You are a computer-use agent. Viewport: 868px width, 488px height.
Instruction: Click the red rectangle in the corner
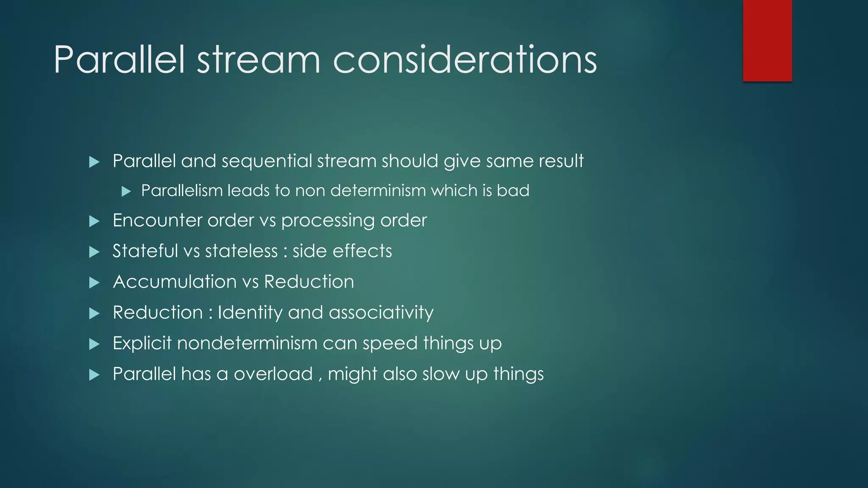pyautogui.click(x=767, y=40)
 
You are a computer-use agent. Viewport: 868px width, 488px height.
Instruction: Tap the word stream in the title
pyautogui.click(x=258, y=60)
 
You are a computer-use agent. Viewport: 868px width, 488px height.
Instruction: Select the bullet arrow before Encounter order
pyautogui.click(x=94, y=221)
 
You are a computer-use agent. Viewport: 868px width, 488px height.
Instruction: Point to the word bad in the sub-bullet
pyautogui.click(x=513, y=191)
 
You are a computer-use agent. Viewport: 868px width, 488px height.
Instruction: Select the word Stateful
pyautogui.click(x=145, y=251)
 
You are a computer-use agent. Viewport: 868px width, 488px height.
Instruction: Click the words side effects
pyautogui.click(x=342, y=251)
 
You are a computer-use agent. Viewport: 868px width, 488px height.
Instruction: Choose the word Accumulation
pyautogui.click(x=175, y=282)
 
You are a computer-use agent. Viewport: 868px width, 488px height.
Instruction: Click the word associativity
pyautogui.click(x=381, y=313)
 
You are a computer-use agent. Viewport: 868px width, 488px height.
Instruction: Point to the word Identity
pyautogui.click(x=250, y=313)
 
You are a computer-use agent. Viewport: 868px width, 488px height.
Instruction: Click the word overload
pyautogui.click(x=273, y=374)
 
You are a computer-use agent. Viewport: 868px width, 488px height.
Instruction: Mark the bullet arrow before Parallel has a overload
pyautogui.click(x=94, y=375)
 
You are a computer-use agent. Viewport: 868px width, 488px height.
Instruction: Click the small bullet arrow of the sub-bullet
pyautogui.click(x=126, y=191)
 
